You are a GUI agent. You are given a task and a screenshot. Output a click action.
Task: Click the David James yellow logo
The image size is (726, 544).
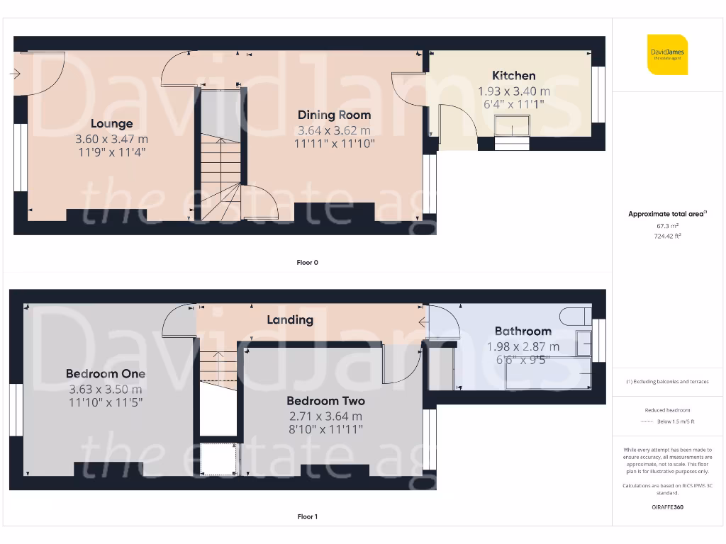[667, 54]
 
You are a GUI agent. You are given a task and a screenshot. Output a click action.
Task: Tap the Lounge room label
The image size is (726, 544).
[111, 124]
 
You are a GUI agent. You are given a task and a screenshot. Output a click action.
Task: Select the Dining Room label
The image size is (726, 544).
[334, 115]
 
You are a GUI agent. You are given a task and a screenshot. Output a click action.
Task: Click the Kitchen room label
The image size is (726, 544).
[514, 76]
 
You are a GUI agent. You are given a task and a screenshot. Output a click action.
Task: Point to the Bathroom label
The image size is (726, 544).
[523, 331]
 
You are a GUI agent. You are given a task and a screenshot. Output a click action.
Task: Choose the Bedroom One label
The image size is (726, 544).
[106, 373]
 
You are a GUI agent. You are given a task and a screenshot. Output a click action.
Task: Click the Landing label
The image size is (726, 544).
[290, 319]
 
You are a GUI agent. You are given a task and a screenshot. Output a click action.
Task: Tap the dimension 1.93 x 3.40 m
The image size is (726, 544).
[514, 91]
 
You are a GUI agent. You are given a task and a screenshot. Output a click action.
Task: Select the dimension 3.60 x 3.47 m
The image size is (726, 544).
[111, 139]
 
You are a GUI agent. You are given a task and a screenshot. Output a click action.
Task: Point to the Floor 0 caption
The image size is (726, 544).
[307, 263]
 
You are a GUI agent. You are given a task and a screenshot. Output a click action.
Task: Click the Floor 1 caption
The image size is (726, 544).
[307, 517]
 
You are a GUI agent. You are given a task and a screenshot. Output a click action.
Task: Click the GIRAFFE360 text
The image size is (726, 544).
[668, 507]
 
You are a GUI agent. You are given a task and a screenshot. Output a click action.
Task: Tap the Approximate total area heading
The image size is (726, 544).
[667, 214]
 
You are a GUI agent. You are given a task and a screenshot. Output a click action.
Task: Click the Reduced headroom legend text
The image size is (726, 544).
[667, 410]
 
